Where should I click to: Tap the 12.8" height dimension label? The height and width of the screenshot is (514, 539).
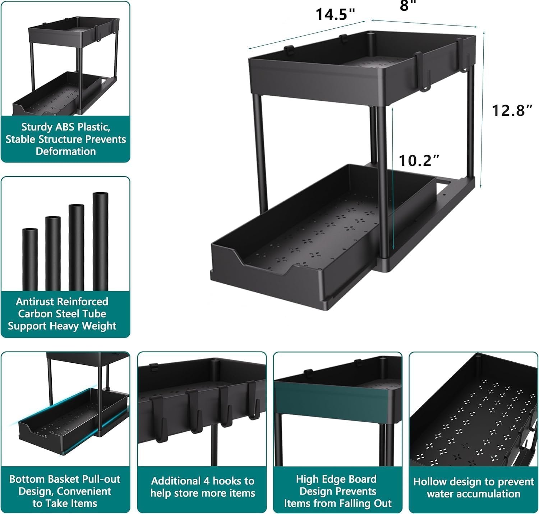tap(512, 110)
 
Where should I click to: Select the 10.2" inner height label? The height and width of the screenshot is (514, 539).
tap(419, 161)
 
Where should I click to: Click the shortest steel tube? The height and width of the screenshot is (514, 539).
tap(30, 259)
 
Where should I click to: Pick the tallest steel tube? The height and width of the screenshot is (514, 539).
tap(100, 241)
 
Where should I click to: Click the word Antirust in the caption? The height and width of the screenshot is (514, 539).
tap(35, 302)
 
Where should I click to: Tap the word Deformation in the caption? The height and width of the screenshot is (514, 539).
tap(66, 151)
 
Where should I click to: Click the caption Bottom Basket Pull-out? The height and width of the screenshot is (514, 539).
tap(65, 479)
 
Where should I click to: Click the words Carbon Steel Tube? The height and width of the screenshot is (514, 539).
tap(62, 314)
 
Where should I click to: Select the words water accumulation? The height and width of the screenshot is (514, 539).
tap(473, 494)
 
